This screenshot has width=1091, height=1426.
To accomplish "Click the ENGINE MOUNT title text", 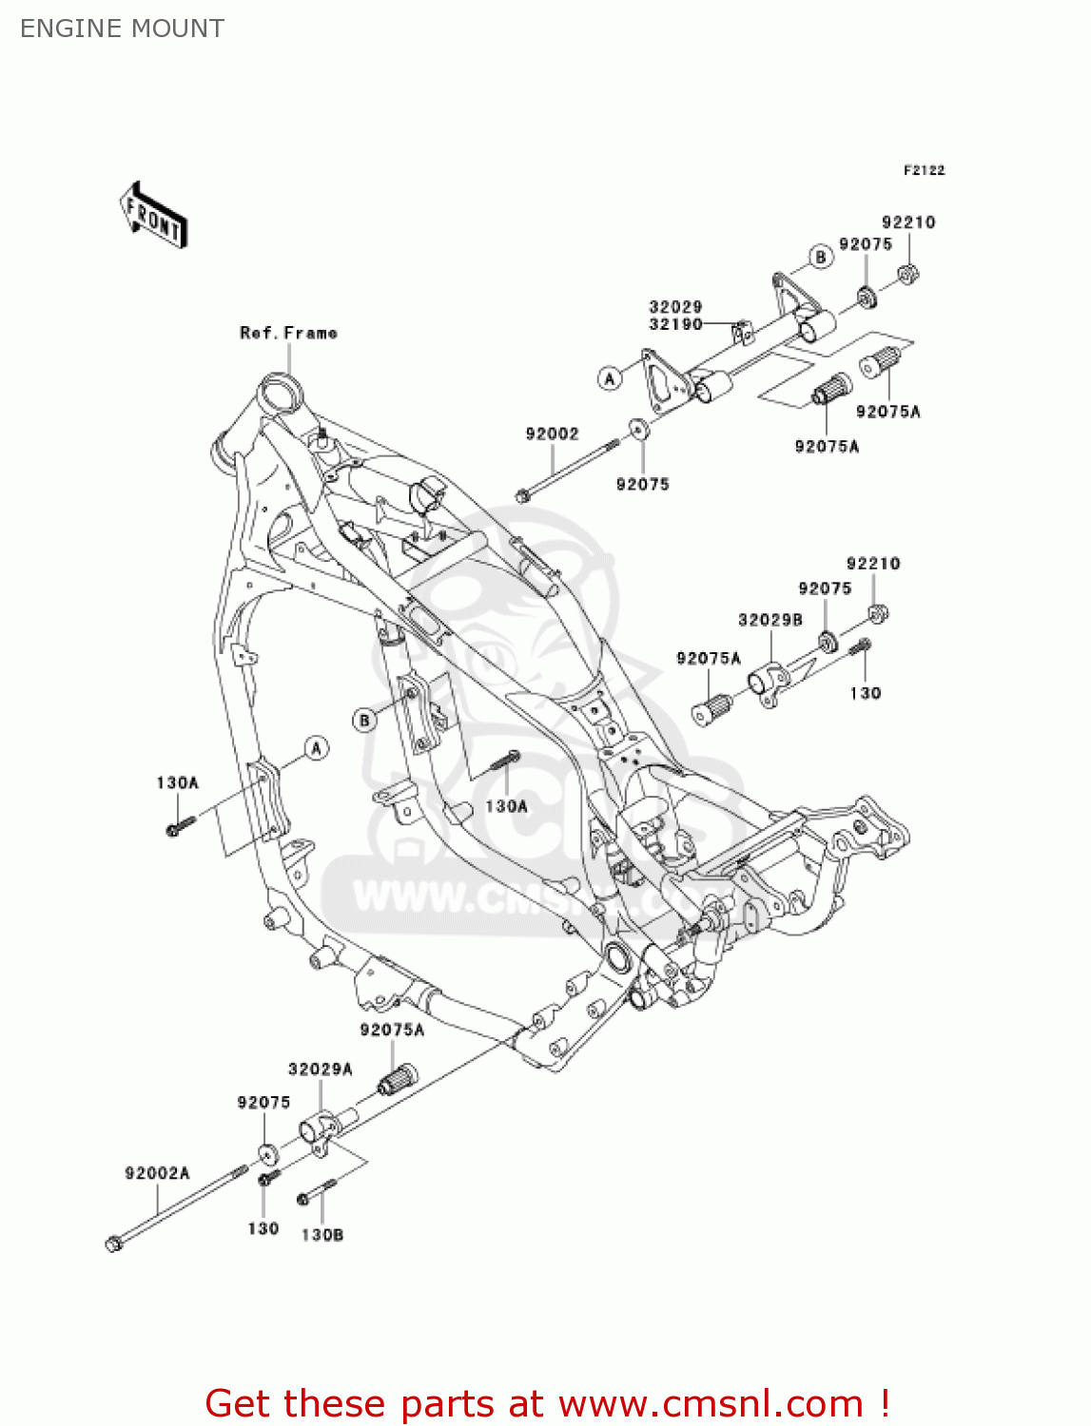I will pyautogui.click(x=122, y=29).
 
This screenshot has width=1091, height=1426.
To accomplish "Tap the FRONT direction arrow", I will pyautogui.click(x=152, y=216).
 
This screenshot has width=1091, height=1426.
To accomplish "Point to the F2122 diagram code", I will pyautogui.click(x=924, y=170).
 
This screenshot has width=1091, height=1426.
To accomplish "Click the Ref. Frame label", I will pyautogui.click(x=288, y=333).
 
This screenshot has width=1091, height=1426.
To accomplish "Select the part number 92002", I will pyautogui.click(x=552, y=434).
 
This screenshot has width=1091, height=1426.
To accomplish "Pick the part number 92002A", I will pyautogui.click(x=157, y=1173).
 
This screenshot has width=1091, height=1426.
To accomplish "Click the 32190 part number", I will pyautogui.click(x=675, y=324).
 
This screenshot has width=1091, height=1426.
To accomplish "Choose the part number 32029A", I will pyautogui.click(x=320, y=1069).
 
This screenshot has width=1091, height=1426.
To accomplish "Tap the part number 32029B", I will pyautogui.click(x=770, y=620).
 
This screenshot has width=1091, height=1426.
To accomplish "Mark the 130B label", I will pyautogui.click(x=321, y=1234).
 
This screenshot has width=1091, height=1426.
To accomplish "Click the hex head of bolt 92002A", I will pyautogui.click(x=113, y=1243).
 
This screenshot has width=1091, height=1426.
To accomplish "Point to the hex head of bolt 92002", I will pyautogui.click(x=522, y=495).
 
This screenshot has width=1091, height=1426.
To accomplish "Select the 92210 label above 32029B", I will pyautogui.click(x=872, y=564).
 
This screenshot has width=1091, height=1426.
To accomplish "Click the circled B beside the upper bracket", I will pyautogui.click(x=821, y=257).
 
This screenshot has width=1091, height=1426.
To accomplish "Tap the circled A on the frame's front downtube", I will pyautogui.click(x=316, y=748).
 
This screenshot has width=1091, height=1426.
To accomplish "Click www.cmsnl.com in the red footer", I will pyautogui.click(x=710, y=1404).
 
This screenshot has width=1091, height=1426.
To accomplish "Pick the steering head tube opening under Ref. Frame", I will pyautogui.click(x=282, y=393).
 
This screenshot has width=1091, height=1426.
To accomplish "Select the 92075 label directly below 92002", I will pyautogui.click(x=642, y=484).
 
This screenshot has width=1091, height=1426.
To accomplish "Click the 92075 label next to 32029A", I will pyautogui.click(x=263, y=1102).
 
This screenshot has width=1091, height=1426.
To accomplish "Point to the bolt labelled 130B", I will pyautogui.click(x=317, y=1192).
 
